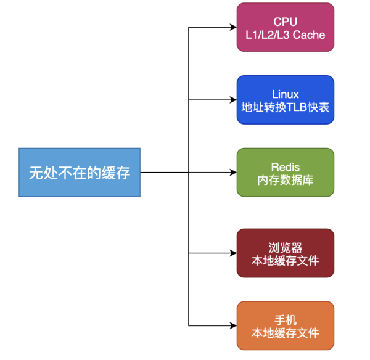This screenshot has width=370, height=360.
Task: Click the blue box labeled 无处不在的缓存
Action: pos(79,173)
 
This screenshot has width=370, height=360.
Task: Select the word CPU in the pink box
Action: pos(285,22)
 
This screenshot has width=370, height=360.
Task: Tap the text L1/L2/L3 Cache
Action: pos(285,35)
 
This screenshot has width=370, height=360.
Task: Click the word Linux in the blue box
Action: pos(285,94)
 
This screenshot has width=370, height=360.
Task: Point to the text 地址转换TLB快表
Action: pos(285,108)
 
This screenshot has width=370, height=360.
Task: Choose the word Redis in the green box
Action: pos(285,167)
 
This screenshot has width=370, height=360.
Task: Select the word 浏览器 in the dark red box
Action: pos(285,247)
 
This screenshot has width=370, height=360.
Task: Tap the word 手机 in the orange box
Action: pos(285,320)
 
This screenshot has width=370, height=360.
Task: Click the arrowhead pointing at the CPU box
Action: pos(232,28)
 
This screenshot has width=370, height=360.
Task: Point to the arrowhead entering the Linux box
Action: pos(232,100)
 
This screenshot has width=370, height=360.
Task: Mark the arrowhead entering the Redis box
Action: pos(232,173)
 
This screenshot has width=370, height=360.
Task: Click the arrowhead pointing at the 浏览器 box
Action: pos(232,253)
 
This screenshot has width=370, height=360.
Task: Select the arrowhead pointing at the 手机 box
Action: pos(232,325)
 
